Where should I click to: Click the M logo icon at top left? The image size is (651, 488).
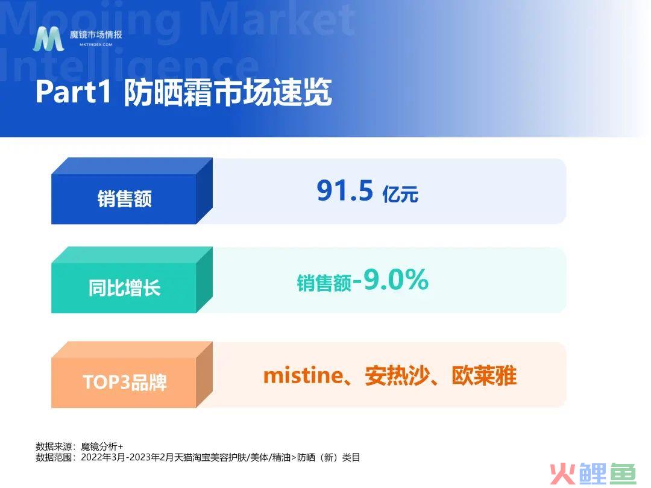[49, 39]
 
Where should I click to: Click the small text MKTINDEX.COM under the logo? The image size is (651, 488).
[96, 45]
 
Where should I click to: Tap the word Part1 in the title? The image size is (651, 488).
[74, 92]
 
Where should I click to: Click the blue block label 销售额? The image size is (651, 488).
[125, 198]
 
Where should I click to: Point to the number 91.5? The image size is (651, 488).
[345, 190]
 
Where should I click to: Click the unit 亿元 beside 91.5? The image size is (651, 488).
[400, 194]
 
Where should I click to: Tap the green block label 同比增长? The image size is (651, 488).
[125, 287]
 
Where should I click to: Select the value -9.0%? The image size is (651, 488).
[390, 280]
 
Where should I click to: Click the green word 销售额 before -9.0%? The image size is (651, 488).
[324, 283]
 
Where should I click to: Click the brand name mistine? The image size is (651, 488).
[303, 375]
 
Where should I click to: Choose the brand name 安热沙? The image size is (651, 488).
[397, 376]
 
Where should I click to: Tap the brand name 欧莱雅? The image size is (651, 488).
[484, 376]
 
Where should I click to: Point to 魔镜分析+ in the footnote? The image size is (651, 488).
[102, 446]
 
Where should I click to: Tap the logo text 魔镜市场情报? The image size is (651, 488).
[96, 34]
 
